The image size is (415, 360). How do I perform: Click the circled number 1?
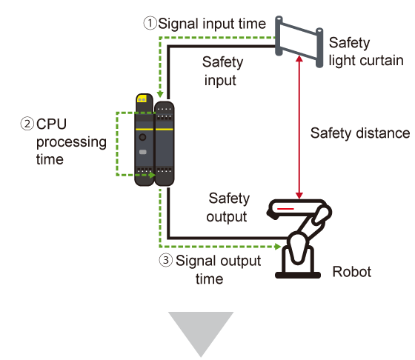tap(150, 23)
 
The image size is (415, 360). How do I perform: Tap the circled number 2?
tap(27, 124)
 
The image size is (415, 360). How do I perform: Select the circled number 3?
tap(166, 260)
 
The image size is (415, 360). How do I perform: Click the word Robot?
tap(352, 272)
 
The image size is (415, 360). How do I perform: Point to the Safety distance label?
tap(360, 133)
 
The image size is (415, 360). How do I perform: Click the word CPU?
tap(51, 124)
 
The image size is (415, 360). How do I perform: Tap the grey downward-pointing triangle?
tap(201, 334)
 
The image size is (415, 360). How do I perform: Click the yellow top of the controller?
tap(142, 99)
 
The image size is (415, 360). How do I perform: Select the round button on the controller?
tap(142, 137)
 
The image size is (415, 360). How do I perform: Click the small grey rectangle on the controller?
tap(143, 152)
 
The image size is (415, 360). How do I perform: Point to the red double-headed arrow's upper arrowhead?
tap(299, 59)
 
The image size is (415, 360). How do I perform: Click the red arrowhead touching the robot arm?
tap(299, 196)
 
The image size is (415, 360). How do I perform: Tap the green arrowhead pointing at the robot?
tap(278, 247)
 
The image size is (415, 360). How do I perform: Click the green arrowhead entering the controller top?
tap(160, 94)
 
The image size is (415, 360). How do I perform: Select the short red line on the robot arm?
tap(285, 209)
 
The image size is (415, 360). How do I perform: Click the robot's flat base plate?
tap(298, 275)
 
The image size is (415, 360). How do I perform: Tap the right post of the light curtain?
tap(319, 47)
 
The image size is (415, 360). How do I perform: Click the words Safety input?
tap(222, 71)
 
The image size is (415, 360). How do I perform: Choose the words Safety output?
tap(228, 207)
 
